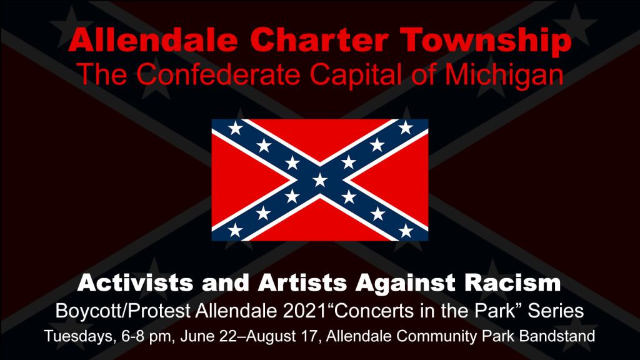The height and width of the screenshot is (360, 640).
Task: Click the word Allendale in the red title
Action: [152, 39]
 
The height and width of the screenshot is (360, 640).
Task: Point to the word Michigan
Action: [504, 75]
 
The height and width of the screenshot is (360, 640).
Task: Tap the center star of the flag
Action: [319, 179]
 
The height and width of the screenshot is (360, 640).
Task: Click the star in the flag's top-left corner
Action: [235, 128]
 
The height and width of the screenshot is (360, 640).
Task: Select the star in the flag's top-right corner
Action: [405, 127]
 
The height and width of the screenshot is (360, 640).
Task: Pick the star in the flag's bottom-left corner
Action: [235, 231]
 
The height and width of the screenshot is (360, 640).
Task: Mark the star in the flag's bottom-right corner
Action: [405, 231]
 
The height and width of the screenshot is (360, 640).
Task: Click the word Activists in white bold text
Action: [135, 282]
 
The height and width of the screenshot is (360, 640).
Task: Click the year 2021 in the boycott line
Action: [305, 311]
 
